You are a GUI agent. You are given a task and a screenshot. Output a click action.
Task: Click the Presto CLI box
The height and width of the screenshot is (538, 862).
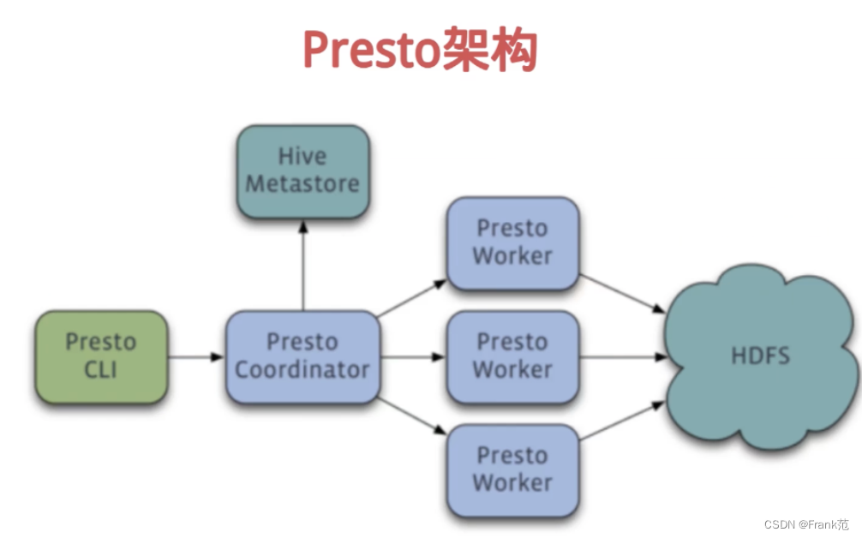coord(101,356)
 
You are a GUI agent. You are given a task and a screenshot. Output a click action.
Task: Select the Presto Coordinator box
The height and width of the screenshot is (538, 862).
coord(302,356)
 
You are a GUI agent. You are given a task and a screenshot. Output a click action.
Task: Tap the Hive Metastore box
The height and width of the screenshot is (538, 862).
coord(302,170)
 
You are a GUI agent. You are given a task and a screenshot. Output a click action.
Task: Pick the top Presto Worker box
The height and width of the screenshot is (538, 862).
coord(512,242)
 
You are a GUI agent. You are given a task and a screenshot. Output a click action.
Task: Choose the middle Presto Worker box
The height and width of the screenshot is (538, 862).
coord(512,356)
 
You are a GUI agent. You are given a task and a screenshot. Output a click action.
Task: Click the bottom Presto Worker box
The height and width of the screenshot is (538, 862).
coord(512,469)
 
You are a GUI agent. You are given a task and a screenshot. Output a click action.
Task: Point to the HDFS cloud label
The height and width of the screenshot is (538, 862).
coord(760,356)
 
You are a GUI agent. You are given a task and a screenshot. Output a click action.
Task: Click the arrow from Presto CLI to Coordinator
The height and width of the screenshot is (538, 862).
coord(196,356)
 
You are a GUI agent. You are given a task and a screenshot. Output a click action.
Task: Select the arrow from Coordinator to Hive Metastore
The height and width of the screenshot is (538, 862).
coord(302,265)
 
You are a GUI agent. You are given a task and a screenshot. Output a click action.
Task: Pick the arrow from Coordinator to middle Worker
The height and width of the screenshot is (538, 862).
coord(413,356)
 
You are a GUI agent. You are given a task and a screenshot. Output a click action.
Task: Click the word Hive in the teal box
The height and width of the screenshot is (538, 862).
coord(302,157)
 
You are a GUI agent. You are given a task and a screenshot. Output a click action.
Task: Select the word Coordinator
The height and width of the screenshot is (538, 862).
coord(302,370)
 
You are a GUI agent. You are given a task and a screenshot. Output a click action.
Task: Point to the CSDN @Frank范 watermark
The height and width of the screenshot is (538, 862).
coord(806,524)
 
